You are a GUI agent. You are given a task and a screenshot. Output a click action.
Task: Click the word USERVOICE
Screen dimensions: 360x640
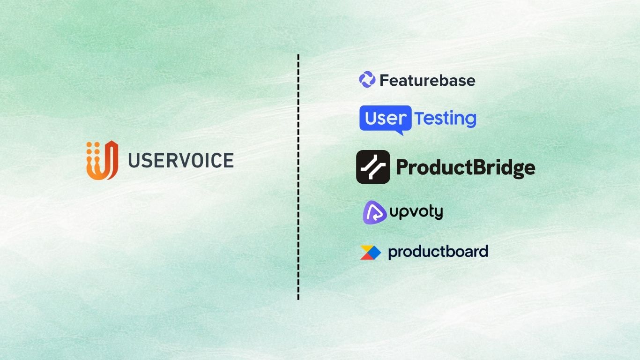pyautogui.click(x=181, y=160)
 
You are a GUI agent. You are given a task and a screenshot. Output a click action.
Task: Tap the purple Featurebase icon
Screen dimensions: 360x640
pyautogui.click(x=367, y=80)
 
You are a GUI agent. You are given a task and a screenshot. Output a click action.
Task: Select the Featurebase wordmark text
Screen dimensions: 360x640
pyautogui.click(x=427, y=81)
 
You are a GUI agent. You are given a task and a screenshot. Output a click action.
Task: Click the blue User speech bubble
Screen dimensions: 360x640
pyautogui.click(x=386, y=119)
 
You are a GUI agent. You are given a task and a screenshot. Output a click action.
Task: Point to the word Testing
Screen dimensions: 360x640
pyautogui.click(x=445, y=119)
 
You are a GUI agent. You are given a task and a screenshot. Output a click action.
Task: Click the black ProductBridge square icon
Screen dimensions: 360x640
pyautogui.click(x=373, y=167)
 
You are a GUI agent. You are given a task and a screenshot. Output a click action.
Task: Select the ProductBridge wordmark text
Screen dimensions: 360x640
pyautogui.click(x=465, y=167)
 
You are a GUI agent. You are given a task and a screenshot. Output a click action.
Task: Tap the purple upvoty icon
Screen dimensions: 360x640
pyautogui.click(x=374, y=211)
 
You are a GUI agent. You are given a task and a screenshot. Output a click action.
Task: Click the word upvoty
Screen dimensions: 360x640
pyautogui.click(x=416, y=212)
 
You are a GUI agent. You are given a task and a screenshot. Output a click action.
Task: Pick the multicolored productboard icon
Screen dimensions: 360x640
pyautogui.click(x=370, y=252)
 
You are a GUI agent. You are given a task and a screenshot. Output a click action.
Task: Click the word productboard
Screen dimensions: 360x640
pyautogui.click(x=438, y=252)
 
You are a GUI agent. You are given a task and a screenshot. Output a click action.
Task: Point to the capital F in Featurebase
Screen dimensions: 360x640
pyautogui.click(x=384, y=81)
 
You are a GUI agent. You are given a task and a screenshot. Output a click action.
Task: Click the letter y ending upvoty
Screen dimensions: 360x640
pyautogui.click(x=438, y=213)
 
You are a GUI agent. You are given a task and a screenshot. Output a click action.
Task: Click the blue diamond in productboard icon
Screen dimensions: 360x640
pyautogui.click(x=375, y=252)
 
